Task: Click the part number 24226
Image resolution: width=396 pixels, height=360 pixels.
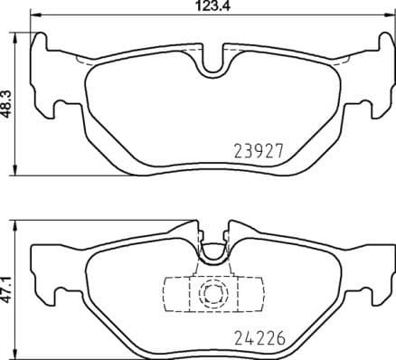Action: (259, 341)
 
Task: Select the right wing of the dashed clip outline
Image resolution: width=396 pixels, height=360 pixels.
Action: (252, 292)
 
